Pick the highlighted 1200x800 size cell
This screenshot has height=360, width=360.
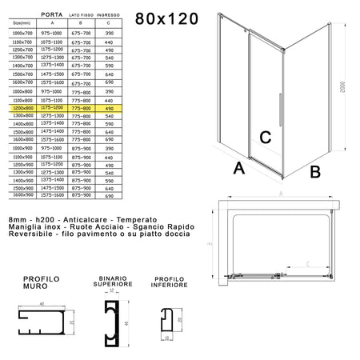[22, 108]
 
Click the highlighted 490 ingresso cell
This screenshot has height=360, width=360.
[110, 108]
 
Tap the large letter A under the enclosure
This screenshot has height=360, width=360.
[238, 169]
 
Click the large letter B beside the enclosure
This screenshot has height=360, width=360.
[314, 170]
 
